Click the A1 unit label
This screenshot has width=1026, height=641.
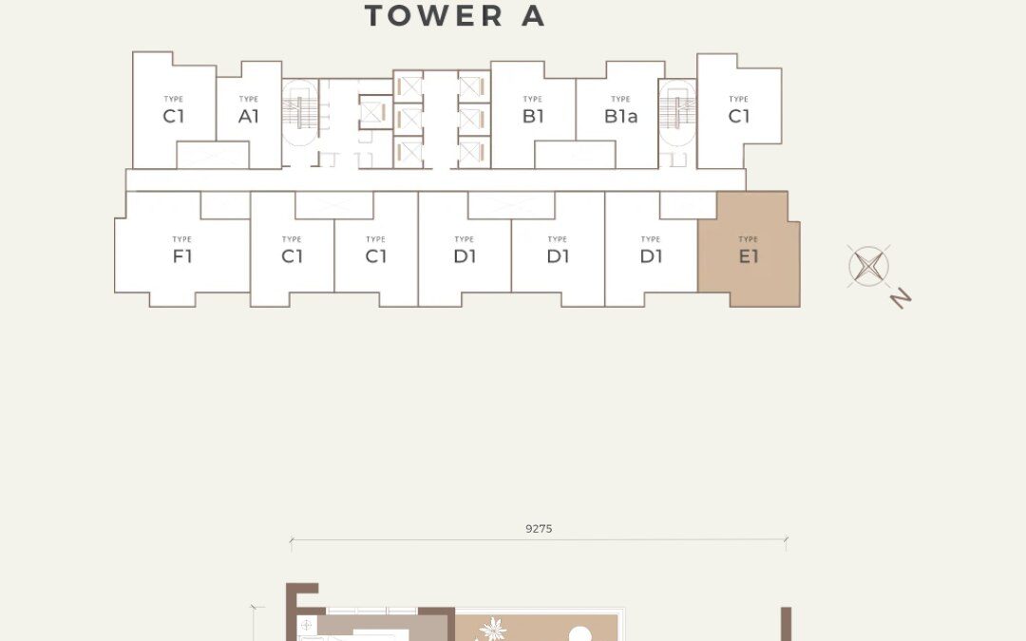coord(249,117)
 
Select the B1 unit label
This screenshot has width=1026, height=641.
coord(533,117)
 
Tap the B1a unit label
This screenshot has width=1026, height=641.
coord(620,117)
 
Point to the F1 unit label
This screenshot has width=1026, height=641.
coord(182,255)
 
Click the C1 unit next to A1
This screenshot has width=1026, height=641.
coord(173,117)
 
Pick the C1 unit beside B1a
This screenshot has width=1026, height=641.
coord(739,117)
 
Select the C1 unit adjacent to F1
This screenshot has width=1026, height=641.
coord(292,255)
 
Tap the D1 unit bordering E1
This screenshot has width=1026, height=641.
coord(651,255)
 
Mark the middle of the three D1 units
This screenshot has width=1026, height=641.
coord(558,255)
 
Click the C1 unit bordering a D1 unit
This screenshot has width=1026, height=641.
coord(375,255)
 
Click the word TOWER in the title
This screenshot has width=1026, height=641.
coord(434,16)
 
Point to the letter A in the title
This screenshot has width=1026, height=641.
coord(533,16)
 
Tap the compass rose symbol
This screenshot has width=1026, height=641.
coord(868,265)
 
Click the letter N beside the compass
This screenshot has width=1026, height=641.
coord(901,298)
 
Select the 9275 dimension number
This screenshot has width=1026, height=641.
coord(539,529)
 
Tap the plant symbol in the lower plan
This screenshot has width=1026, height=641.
coord(493,629)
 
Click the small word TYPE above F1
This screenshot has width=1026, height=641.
coord(182,239)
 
